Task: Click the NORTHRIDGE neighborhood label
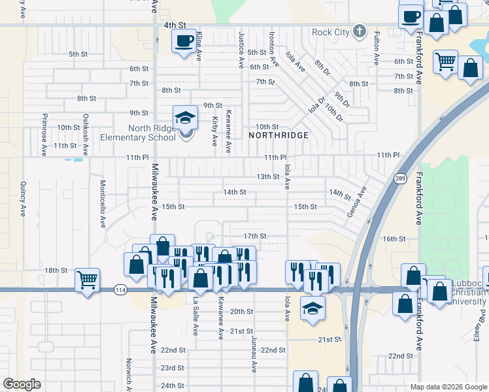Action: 278,135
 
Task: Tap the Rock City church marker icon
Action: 359,31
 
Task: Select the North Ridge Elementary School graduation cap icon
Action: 185,118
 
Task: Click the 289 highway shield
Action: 400,178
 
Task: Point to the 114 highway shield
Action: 120,289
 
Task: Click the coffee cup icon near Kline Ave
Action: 183,41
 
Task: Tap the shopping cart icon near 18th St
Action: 87,280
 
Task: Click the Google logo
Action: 22,384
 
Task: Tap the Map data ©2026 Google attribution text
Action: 448,386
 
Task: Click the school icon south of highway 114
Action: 313,308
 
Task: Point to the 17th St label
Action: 255,236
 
